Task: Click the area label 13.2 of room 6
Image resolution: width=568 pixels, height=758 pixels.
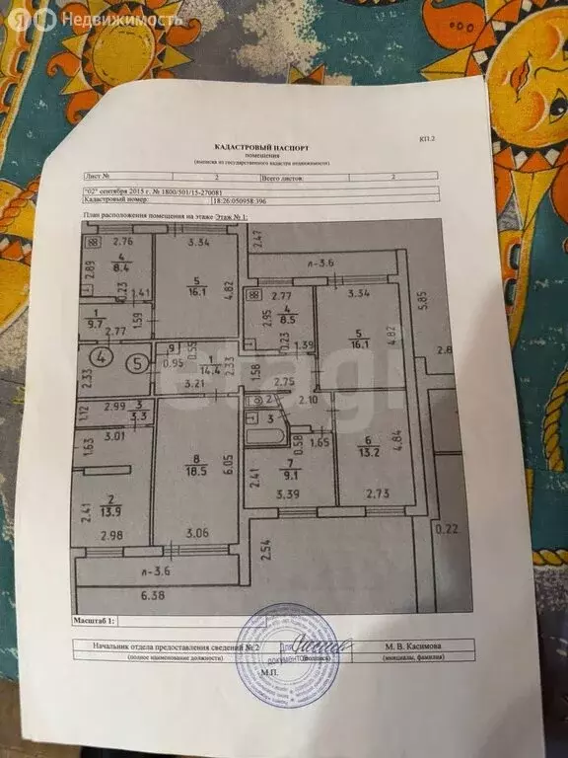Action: [x=370, y=453]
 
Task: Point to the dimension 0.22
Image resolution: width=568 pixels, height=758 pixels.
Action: [x=449, y=529]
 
